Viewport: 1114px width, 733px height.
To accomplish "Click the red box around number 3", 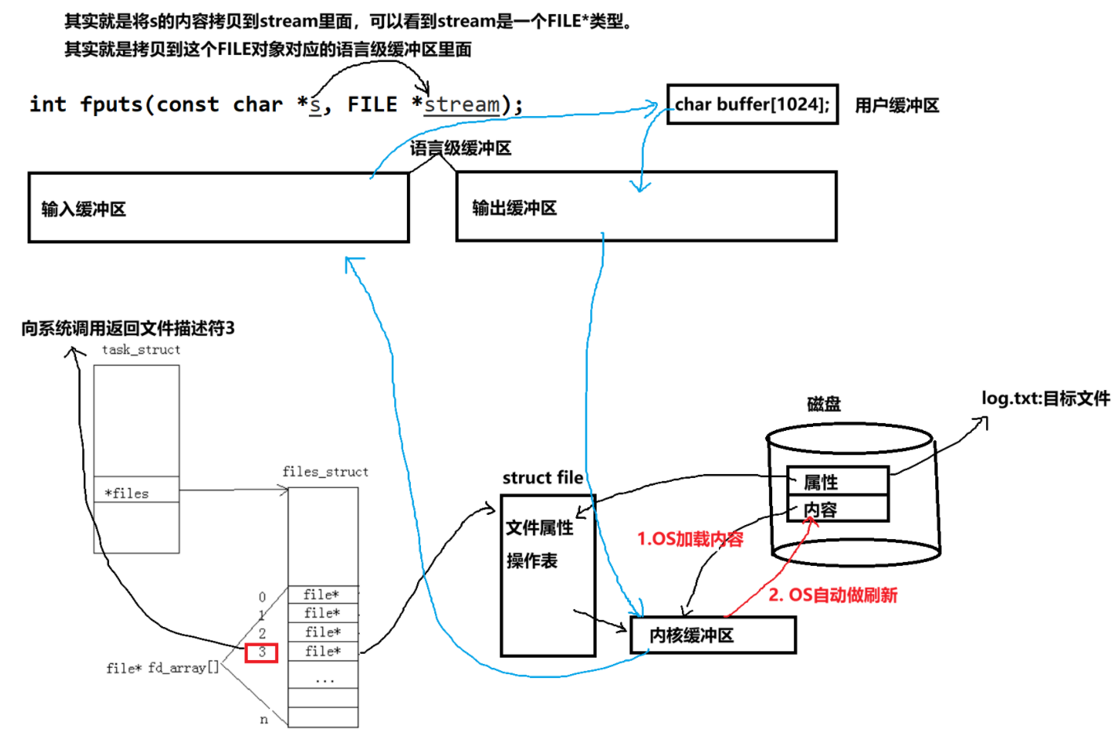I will [x=261, y=652].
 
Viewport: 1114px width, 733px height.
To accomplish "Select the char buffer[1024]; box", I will [x=752, y=104].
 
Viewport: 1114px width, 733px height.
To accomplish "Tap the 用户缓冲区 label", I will [x=896, y=105].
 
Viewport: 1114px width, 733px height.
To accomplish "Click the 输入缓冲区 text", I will [x=84, y=209].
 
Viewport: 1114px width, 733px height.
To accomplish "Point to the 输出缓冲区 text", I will [x=514, y=208].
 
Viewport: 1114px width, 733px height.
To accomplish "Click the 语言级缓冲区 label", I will [x=460, y=148].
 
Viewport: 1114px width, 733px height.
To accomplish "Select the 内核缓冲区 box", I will [x=713, y=635].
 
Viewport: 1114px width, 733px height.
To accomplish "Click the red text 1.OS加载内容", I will [x=690, y=539].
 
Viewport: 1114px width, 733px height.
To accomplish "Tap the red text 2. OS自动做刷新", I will [x=833, y=595].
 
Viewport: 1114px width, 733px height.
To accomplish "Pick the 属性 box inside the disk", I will [x=837, y=481].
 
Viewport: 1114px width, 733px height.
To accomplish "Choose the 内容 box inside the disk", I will [x=837, y=509].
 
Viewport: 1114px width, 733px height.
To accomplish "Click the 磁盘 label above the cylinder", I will [x=824, y=404].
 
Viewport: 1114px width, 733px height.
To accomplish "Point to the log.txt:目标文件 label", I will [x=1045, y=398].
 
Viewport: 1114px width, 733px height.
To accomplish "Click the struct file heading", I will [x=542, y=477].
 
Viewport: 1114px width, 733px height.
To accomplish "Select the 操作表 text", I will [x=532, y=560].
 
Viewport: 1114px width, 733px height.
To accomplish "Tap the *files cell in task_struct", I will [x=136, y=493].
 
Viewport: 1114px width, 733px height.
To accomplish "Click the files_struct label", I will [x=325, y=472].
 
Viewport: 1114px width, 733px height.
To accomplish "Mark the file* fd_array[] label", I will [x=163, y=668].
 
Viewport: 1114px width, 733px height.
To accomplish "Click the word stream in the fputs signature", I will [x=462, y=104].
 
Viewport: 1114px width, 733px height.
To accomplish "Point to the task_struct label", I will [x=141, y=350].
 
